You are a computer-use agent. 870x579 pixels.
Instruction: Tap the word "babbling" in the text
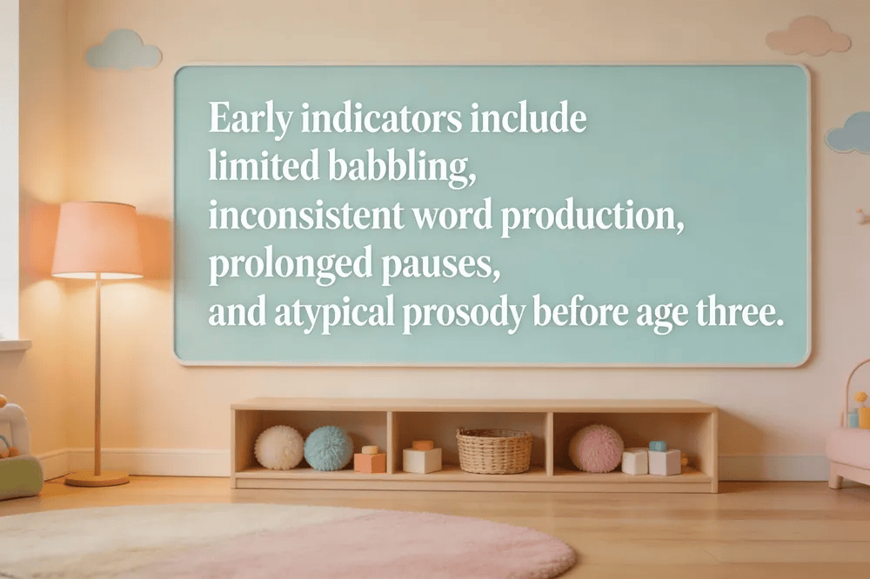coord(402,167)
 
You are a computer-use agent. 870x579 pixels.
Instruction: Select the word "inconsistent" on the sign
coord(305,216)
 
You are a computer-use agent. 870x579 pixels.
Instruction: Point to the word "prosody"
coord(464,313)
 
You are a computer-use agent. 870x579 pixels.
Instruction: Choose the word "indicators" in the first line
coord(381,117)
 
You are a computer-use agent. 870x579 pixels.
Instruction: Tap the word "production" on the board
coord(592,216)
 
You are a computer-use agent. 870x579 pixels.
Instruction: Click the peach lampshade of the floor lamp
coord(97,240)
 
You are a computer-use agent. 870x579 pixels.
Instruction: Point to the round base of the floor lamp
coord(97,478)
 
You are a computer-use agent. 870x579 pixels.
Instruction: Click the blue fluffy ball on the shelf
coord(329,448)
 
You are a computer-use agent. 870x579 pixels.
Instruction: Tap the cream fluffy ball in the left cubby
coord(279,448)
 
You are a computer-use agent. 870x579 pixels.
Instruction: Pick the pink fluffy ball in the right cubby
coord(595,448)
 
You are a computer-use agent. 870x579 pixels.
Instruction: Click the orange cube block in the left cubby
coord(370,463)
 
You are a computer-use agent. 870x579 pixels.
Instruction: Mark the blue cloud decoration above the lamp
coord(124,50)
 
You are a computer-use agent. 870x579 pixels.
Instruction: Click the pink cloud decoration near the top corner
coord(807,36)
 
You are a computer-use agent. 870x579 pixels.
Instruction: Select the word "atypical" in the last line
coord(335,313)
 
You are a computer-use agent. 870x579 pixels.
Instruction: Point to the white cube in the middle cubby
coord(422,460)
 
